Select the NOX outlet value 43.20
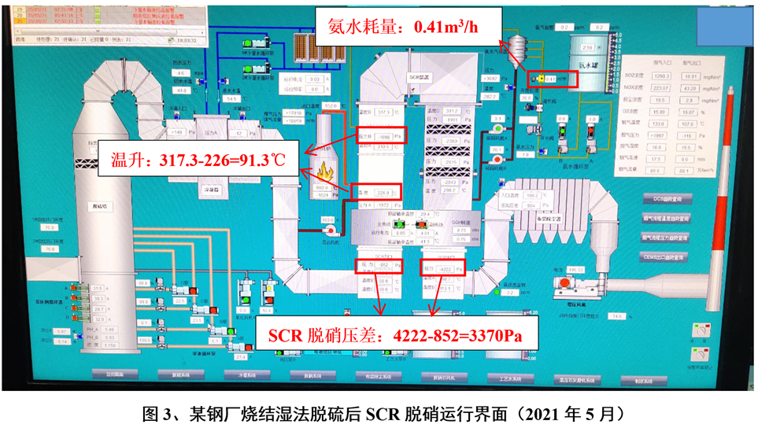691,88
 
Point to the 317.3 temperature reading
385,113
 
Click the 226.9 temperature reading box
383,191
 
